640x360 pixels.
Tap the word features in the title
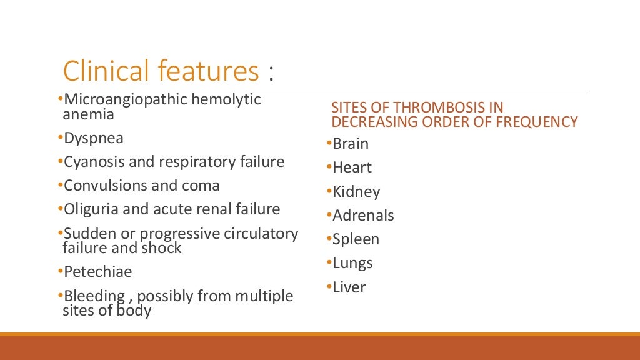(208, 71)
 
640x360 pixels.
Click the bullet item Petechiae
(98, 272)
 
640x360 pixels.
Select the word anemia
(88, 114)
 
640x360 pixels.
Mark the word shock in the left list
(164, 248)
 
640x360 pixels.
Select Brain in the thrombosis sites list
(351, 144)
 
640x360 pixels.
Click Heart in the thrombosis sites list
(352, 167)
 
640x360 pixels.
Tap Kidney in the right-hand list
(356, 192)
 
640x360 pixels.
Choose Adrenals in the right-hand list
(363, 216)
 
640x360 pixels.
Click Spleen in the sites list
(356, 239)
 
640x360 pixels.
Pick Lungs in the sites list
(352, 264)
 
